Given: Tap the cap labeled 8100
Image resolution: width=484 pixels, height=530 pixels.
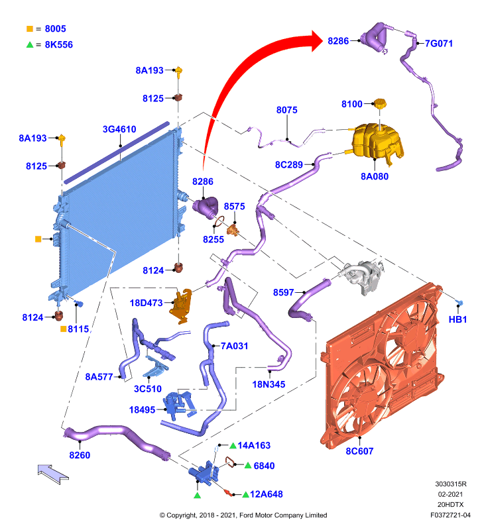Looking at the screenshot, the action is (x=380, y=103).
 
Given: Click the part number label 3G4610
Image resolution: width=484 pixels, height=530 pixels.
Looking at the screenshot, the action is (x=119, y=129).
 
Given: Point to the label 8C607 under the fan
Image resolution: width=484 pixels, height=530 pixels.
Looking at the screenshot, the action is (x=359, y=451).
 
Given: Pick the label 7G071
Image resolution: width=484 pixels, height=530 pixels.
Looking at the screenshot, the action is (x=439, y=44).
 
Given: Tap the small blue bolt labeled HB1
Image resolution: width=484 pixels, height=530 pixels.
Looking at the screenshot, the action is (x=459, y=303).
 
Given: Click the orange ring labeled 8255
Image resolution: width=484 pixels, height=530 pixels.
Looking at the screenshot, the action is (x=218, y=221).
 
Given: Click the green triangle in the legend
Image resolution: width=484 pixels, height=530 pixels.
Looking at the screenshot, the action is (x=30, y=44).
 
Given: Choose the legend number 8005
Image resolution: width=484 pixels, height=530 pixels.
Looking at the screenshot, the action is (x=56, y=28).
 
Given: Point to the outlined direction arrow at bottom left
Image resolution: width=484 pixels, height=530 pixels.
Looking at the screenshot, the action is (x=53, y=473).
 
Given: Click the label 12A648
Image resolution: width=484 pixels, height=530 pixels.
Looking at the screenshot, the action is (x=267, y=494).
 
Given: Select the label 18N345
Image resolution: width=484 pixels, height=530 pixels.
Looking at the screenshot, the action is (x=269, y=384).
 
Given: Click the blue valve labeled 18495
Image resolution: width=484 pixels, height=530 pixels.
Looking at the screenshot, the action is (x=178, y=404).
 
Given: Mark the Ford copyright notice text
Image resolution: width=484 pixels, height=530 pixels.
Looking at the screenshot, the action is (x=243, y=515).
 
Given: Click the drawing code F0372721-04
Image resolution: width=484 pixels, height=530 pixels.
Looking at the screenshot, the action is (x=450, y=515).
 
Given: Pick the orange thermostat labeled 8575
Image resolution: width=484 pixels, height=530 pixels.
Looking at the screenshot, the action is (x=233, y=231).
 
